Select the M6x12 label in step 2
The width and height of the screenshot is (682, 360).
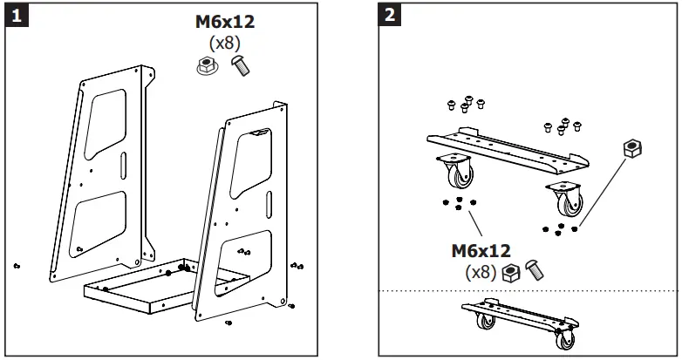[481, 251]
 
